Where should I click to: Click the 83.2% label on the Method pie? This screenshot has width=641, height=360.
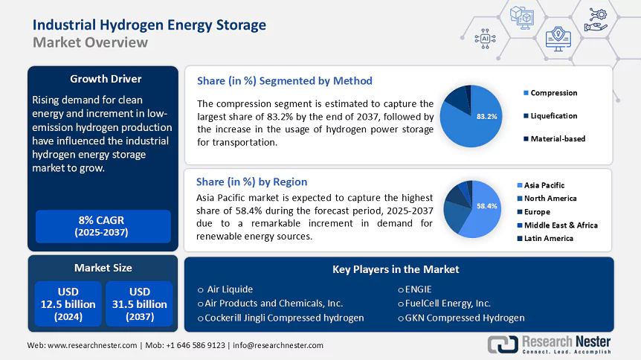tap(486, 117)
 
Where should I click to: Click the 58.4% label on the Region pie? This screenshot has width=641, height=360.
tap(486, 206)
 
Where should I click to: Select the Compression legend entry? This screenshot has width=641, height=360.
tap(554, 93)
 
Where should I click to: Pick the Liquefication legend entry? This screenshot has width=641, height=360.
tap(554, 116)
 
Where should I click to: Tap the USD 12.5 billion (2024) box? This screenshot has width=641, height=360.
tap(68, 303)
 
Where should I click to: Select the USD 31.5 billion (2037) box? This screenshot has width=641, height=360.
tap(139, 303)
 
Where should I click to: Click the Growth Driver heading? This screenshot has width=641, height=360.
tap(105, 79)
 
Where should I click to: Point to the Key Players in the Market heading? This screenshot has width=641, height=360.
tap(396, 269)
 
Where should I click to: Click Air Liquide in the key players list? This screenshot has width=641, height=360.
tap(230, 289)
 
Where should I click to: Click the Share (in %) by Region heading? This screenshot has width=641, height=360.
tap(251, 181)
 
